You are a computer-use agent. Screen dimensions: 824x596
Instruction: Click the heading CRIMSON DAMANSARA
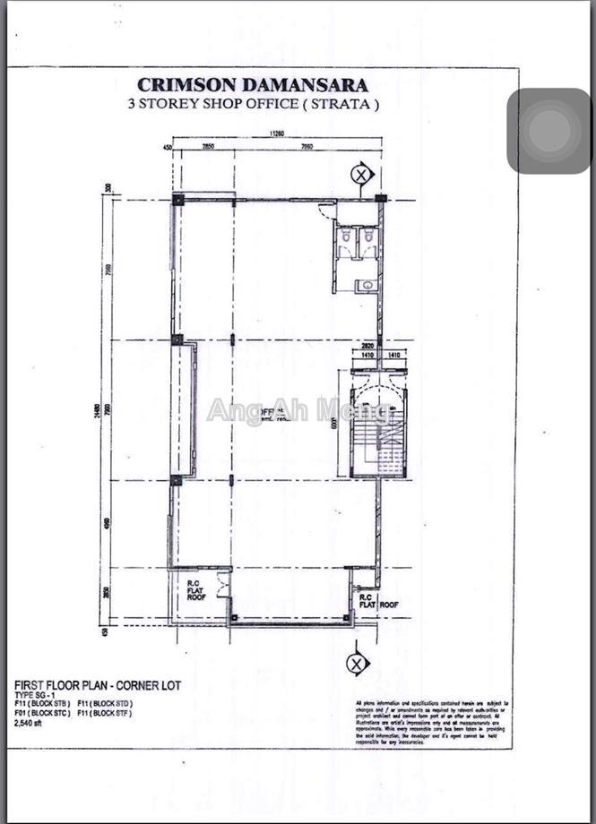253,85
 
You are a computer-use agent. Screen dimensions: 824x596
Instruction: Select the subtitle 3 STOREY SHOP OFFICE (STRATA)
254,104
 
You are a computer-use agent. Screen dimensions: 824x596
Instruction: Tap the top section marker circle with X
361,174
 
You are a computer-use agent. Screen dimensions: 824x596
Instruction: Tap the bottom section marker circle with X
357,663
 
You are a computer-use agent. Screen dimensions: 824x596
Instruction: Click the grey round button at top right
548,131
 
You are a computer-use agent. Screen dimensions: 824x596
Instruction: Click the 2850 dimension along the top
207,146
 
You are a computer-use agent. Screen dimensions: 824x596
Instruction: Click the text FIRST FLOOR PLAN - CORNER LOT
98,685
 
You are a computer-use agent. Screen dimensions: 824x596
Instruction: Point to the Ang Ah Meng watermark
298,410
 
